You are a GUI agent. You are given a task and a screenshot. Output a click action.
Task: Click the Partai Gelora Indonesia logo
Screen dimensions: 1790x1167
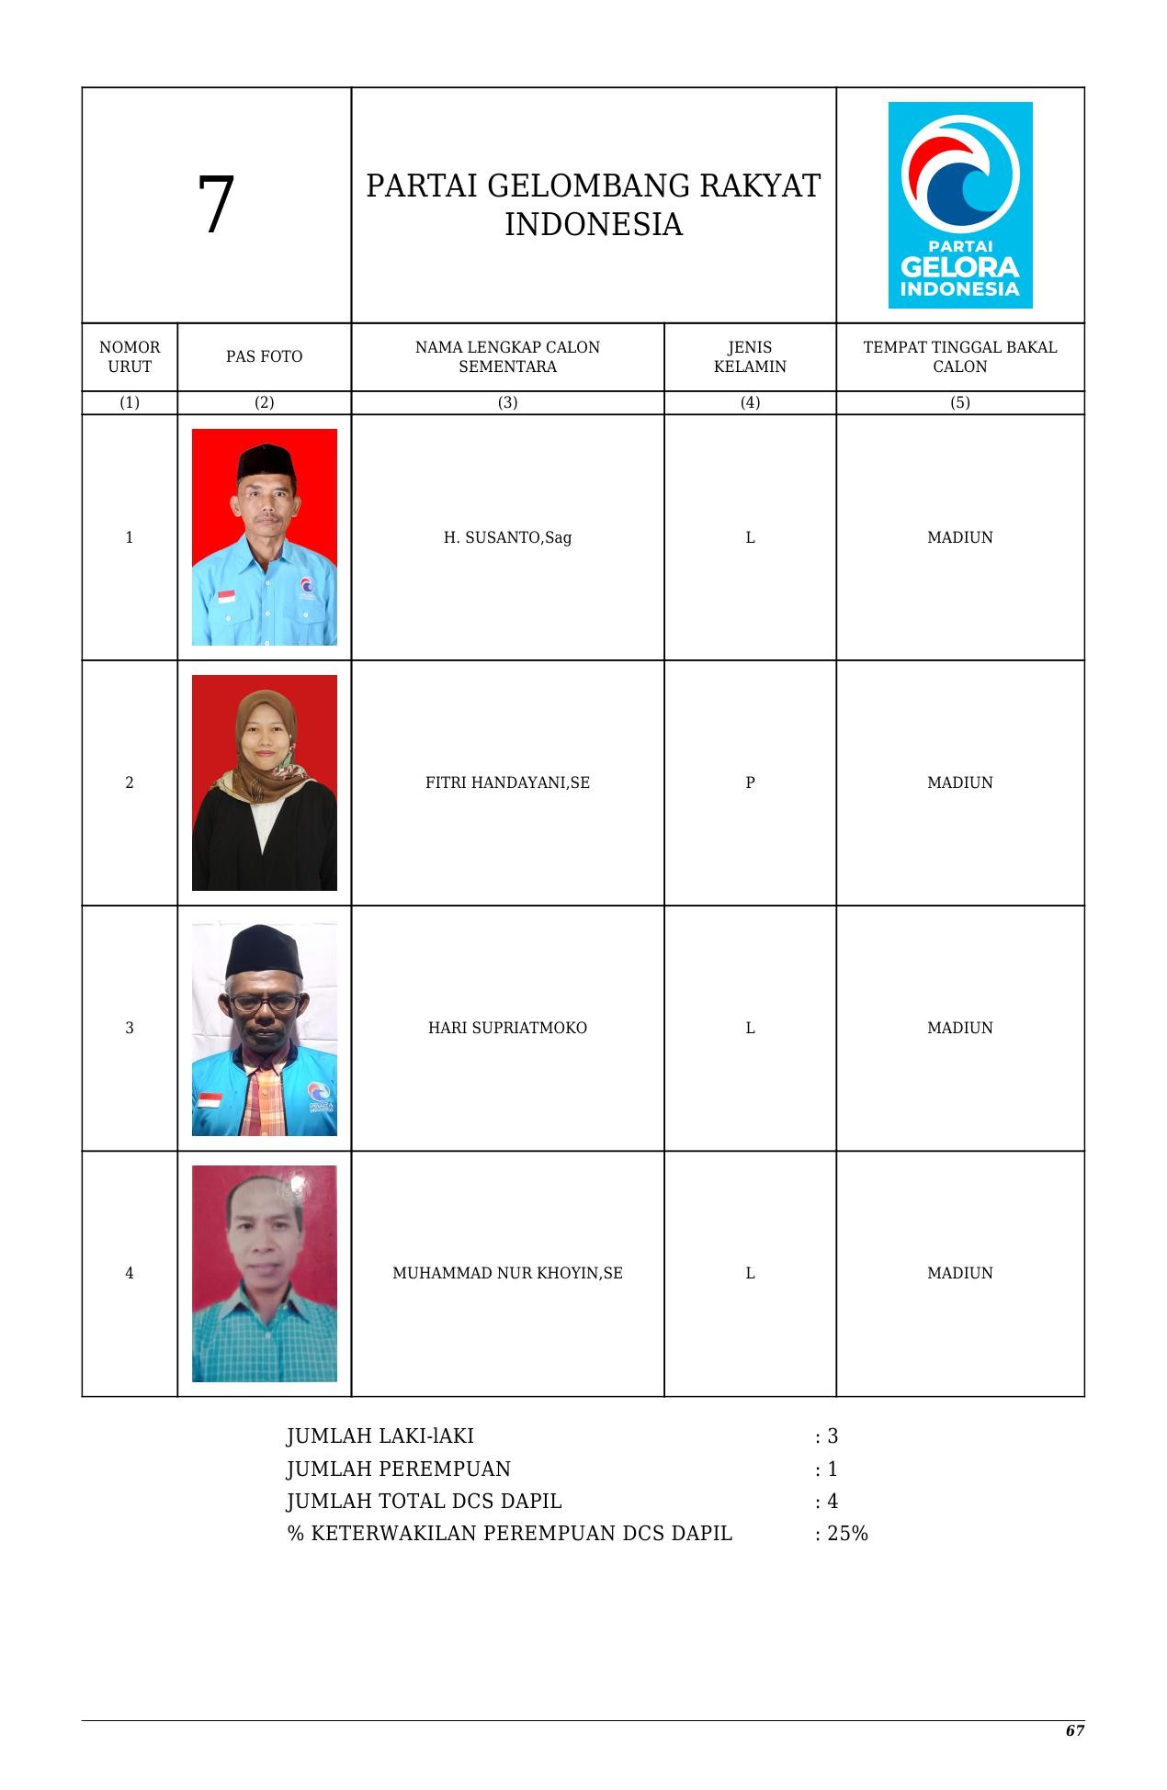(x=959, y=205)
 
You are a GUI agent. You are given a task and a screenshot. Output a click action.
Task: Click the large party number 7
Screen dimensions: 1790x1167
(x=216, y=206)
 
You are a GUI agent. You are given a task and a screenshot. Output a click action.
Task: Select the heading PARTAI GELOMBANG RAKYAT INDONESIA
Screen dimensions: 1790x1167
(x=593, y=205)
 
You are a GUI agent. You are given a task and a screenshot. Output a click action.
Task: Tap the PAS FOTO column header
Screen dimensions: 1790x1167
(x=264, y=356)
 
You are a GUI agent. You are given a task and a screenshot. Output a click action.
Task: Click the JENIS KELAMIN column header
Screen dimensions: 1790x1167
(x=750, y=356)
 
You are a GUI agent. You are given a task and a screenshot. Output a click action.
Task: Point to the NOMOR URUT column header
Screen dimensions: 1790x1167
(x=130, y=356)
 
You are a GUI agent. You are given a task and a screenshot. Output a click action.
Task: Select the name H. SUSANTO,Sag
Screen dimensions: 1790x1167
(x=507, y=537)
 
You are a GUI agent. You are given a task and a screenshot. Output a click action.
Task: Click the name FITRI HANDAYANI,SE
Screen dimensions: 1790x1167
(x=507, y=782)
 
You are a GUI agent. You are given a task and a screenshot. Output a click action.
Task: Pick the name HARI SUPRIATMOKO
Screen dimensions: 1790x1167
(x=507, y=1028)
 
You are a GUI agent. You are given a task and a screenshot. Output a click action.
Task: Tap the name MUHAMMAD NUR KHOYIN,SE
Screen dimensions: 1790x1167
(x=507, y=1273)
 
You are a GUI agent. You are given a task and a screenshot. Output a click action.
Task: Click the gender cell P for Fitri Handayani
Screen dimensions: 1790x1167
(x=750, y=782)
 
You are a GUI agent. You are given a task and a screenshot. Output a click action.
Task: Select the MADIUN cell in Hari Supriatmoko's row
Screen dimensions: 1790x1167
(x=959, y=1028)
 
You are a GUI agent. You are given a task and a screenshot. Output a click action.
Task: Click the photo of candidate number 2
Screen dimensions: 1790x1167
(x=264, y=782)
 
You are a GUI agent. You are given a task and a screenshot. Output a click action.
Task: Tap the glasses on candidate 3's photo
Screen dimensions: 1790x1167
(x=265, y=1002)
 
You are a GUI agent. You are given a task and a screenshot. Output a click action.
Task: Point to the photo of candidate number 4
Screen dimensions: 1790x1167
(x=264, y=1273)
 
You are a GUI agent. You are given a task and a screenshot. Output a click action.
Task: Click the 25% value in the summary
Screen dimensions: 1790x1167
(x=847, y=1533)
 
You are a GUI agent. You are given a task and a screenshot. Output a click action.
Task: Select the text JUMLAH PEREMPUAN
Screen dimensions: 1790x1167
(x=398, y=1469)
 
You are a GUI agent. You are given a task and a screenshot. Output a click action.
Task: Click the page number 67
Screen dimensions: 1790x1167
(x=1074, y=1730)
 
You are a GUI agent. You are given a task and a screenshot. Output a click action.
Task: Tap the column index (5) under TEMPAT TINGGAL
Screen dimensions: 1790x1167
(x=959, y=402)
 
